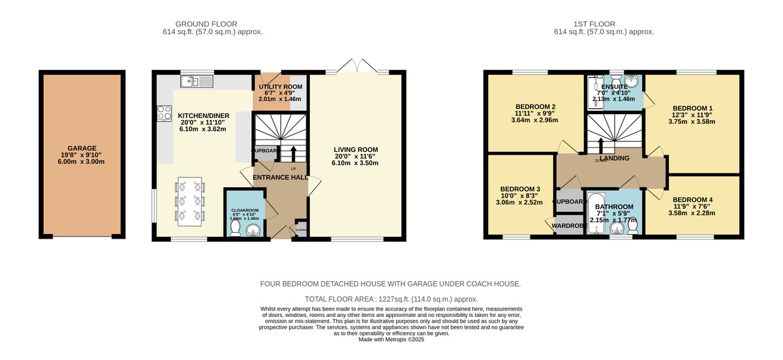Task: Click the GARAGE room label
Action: point(82,148)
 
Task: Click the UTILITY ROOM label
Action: point(280,87)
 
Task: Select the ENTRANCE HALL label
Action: point(281,177)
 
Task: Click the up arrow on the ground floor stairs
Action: point(292,154)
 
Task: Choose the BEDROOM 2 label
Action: point(535,107)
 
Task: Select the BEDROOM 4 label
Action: point(692,200)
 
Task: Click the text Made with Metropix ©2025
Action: point(391,339)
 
